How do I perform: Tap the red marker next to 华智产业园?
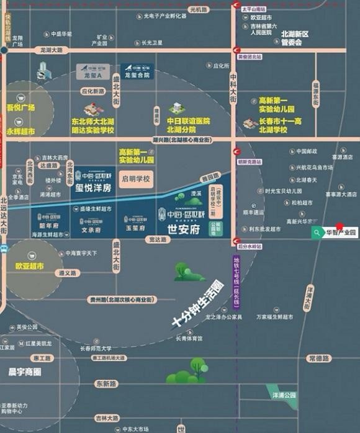pos(340,226)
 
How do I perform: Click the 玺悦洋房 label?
pos(93,187)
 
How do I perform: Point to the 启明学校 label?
pos(136,178)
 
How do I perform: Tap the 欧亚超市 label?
pos(30,266)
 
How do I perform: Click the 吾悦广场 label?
pos(20,107)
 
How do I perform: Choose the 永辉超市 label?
pos(20,132)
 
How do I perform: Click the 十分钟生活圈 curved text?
pos(198,305)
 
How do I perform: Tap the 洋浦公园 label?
pos(284,395)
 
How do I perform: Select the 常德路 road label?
pos(319,359)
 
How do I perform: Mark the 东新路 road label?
pos(106,384)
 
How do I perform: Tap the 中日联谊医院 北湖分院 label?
pos(189,125)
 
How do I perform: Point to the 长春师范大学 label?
pos(97,348)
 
